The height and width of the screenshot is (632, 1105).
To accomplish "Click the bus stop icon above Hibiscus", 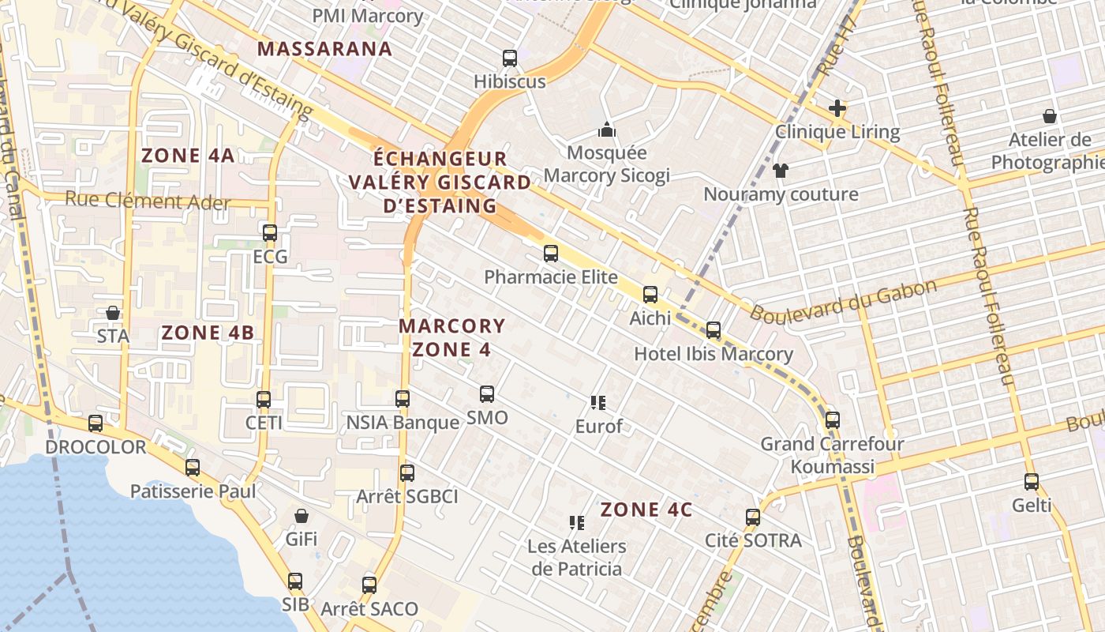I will tap(510, 58).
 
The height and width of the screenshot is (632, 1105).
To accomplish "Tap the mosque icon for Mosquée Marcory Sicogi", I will tap(607, 130).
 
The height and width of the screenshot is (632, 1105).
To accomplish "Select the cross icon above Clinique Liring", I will tap(837, 108).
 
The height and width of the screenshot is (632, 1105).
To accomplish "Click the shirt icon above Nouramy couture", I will tap(781, 170).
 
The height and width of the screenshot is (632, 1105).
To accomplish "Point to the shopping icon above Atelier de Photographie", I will tap(1050, 117).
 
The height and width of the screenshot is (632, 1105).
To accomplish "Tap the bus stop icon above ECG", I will tap(270, 233).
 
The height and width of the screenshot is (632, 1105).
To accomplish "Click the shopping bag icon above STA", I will tap(113, 313).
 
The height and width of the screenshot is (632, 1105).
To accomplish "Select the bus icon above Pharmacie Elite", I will tap(551, 254).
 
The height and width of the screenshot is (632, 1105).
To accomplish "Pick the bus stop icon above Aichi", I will tap(650, 295).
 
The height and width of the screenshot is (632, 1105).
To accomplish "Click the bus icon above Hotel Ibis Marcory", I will tap(714, 330).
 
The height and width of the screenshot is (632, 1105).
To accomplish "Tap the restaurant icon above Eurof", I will tap(598, 403).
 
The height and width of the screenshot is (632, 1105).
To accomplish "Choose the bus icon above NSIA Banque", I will tap(403, 399).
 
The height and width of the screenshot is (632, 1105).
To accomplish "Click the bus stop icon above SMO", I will tap(487, 393).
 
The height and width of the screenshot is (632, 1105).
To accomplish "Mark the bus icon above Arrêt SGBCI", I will tap(407, 473).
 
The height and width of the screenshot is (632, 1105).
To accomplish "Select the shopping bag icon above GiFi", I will tap(301, 517).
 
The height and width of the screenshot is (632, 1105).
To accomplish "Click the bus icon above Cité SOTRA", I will tap(753, 517).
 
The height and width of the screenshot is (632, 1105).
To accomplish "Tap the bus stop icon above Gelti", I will tap(1032, 481).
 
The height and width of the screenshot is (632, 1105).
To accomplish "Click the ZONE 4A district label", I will tap(188, 155).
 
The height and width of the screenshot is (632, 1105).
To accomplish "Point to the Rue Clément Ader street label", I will tap(148, 201).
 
